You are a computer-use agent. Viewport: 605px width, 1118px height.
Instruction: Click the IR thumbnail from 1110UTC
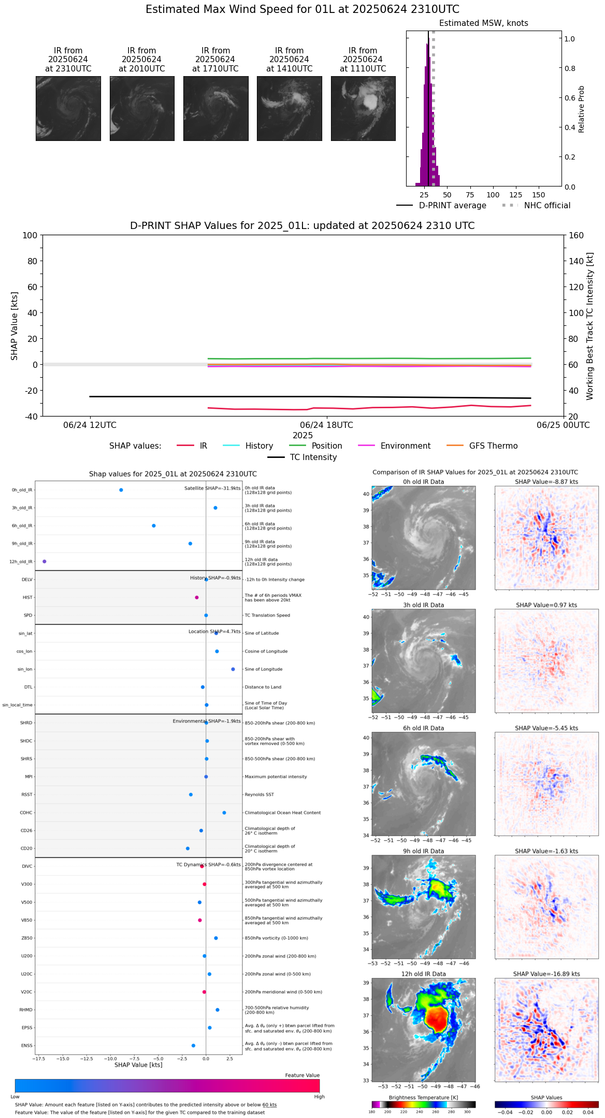(x=363, y=108)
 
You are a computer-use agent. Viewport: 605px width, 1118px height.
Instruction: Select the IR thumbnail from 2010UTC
(x=142, y=108)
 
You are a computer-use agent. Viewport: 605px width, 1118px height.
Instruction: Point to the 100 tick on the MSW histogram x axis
(x=493, y=195)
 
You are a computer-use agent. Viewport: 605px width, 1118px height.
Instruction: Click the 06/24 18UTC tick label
(x=326, y=425)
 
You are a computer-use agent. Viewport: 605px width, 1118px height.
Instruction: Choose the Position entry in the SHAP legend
(x=326, y=446)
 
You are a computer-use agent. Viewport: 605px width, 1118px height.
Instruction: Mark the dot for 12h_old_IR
(x=44, y=562)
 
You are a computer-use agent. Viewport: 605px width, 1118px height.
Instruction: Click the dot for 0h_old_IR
(x=121, y=490)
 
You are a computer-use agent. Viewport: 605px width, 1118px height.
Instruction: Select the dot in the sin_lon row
(x=233, y=669)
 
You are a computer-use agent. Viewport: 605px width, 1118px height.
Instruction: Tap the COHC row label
(x=26, y=813)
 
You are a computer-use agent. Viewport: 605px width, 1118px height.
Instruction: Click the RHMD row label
(x=26, y=1010)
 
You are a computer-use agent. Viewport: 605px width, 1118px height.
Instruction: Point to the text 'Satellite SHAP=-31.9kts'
(x=212, y=489)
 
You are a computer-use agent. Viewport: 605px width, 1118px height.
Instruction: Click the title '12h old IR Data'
(x=423, y=974)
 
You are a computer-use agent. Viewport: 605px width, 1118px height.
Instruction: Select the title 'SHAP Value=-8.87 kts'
(x=546, y=482)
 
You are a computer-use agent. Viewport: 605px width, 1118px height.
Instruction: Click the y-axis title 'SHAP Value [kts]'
(x=15, y=326)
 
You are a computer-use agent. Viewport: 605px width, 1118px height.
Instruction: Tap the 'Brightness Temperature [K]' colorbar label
(x=423, y=1098)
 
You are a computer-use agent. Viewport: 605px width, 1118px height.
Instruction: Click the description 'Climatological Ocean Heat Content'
(x=283, y=813)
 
